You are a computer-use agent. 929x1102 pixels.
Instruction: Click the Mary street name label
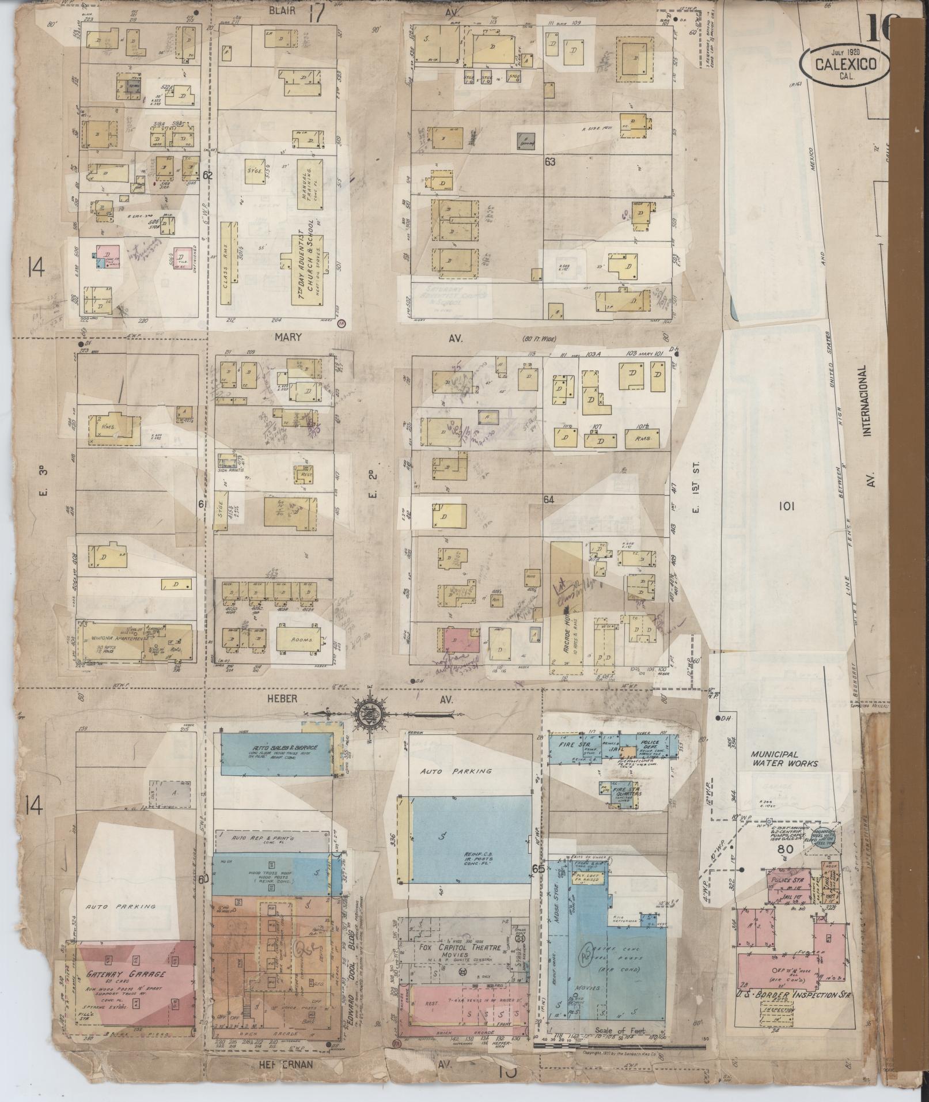[288, 338]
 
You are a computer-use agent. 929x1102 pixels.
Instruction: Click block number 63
[550, 162]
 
